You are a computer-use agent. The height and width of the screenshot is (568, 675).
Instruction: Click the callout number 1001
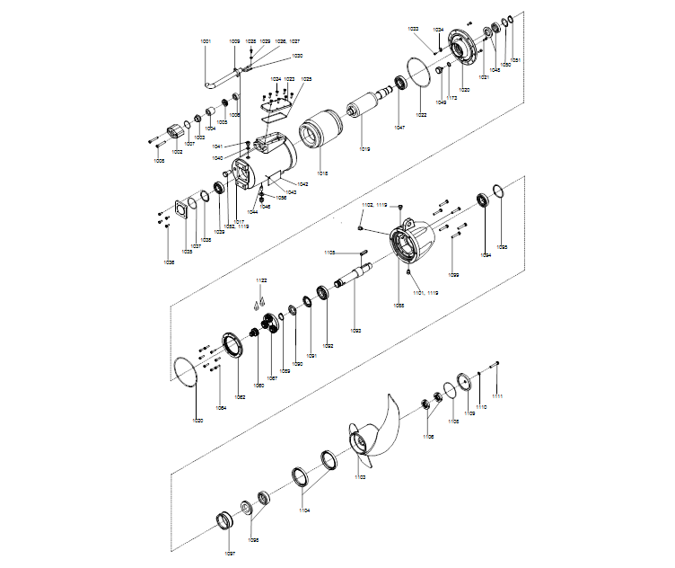click(206, 41)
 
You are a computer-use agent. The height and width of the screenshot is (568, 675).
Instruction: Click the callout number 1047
click(399, 128)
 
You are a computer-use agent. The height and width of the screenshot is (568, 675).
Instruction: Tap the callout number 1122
click(260, 281)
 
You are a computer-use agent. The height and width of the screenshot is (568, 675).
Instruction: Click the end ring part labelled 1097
click(224, 521)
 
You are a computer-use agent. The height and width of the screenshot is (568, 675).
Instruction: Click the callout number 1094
click(486, 255)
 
